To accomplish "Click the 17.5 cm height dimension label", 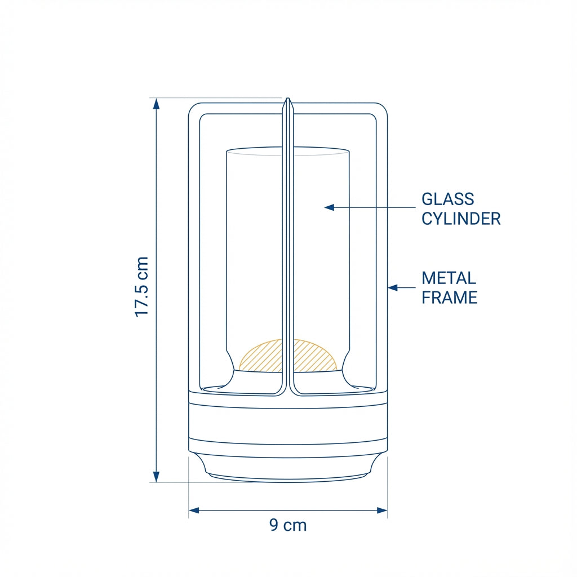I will [x=141, y=287].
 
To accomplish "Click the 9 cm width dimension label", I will [x=288, y=525].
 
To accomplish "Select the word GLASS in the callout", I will [x=448, y=199].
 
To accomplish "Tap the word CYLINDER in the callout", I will [x=461, y=219].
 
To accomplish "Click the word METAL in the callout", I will [x=449, y=278].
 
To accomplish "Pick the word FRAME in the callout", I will [x=449, y=298].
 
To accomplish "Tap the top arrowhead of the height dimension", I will [x=157, y=103].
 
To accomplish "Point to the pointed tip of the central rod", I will [x=287, y=100].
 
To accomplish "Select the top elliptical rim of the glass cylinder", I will [x=287, y=151].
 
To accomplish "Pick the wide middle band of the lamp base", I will [x=287, y=424].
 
